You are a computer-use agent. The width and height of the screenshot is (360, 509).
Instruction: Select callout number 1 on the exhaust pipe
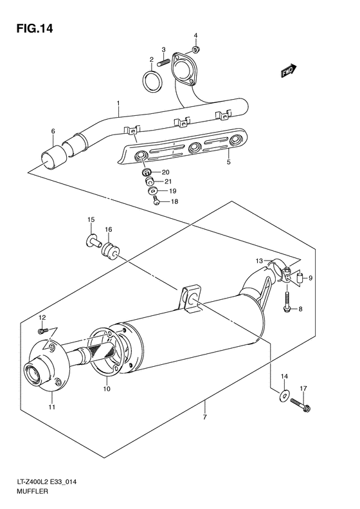point(118,103)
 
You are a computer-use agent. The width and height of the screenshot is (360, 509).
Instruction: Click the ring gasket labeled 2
point(151,83)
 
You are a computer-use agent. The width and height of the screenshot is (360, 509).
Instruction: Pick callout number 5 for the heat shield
point(228,163)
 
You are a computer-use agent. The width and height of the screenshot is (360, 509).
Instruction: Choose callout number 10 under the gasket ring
point(107,389)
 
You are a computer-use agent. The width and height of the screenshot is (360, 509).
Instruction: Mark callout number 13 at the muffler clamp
point(259,261)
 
